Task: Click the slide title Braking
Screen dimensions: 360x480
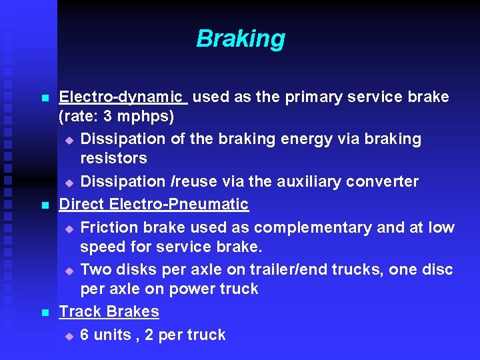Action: point(241,39)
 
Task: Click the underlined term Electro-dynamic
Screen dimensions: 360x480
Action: point(123,97)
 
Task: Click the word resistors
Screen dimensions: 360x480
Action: point(114,159)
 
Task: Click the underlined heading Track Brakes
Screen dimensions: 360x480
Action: point(109,311)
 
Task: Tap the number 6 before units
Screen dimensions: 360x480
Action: point(85,335)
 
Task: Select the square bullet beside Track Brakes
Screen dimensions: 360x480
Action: point(45,313)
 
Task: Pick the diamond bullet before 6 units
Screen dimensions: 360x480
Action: point(69,336)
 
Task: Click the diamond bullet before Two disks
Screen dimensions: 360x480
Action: point(69,271)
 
